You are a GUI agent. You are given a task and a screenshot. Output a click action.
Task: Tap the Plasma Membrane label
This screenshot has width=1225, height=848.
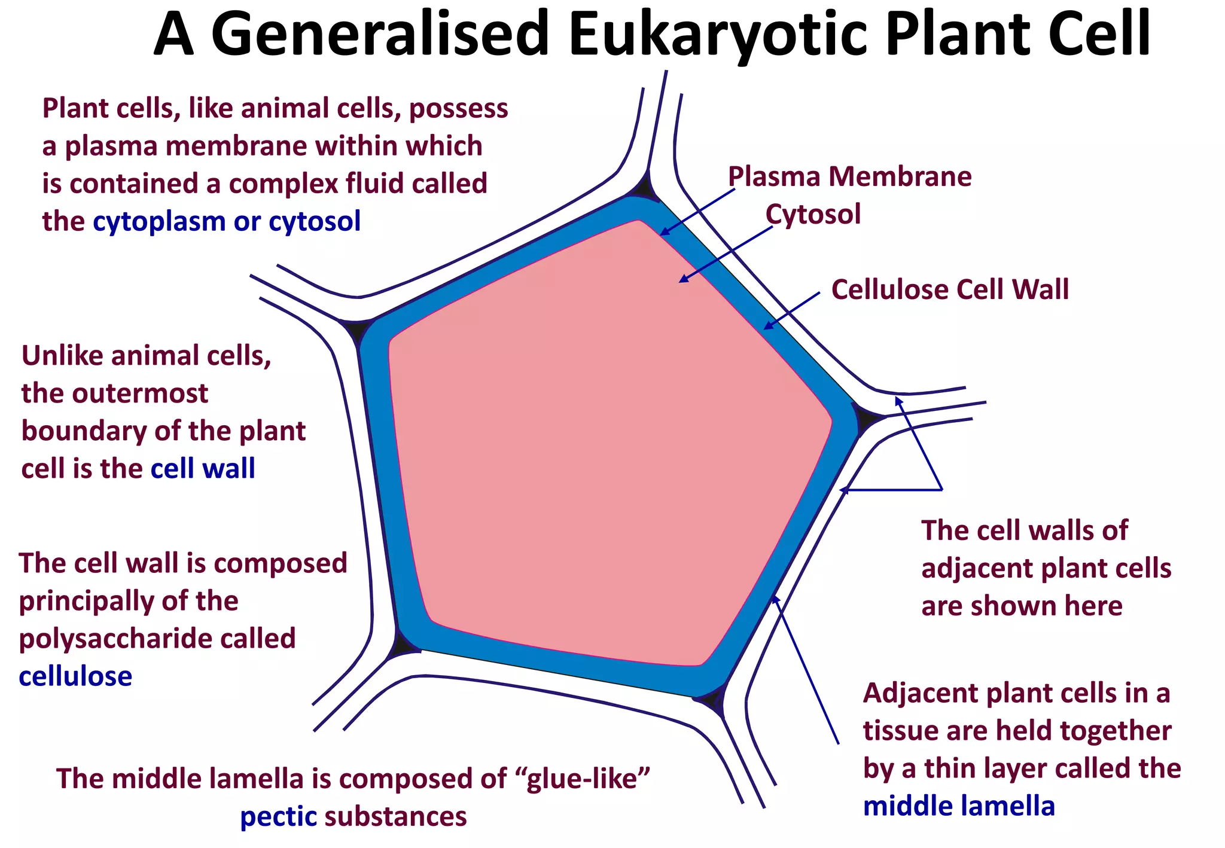pyautogui.click(x=849, y=176)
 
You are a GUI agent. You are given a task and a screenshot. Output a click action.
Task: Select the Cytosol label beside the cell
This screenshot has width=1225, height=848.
pyautogui.click(x=813, y=214)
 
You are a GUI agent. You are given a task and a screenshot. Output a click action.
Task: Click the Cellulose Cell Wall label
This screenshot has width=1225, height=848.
pyautogui.click(x=950, y=289)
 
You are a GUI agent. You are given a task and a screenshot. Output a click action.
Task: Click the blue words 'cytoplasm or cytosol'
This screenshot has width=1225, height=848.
pyautogui.click(x=227, y=221)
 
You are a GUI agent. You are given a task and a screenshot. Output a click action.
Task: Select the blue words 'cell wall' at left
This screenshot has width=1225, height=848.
pyautogui.click(x=203, y=468)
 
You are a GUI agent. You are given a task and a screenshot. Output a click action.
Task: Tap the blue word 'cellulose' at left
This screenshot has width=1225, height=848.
pyautogui.click(x=75, y=676)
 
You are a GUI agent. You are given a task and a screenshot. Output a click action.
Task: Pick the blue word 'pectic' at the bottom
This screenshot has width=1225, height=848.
pyautogui.click(x=278, y=817)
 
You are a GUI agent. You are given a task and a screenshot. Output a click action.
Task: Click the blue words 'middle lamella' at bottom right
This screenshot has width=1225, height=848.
pyautogui.click(x=959, y=806)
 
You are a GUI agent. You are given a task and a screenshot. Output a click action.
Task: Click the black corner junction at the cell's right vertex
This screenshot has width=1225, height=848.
pyautogui.click(x=866, y=416)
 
